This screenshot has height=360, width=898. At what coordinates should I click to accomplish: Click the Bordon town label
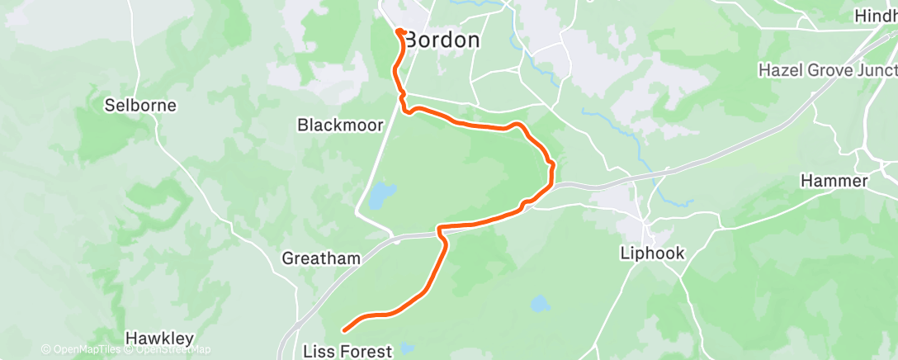pos(443,40)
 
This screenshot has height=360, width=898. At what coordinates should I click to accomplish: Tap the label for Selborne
pos(141,106)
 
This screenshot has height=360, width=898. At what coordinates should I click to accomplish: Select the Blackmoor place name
pos(340,126)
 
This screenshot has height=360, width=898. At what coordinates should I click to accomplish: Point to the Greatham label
pos(321,258)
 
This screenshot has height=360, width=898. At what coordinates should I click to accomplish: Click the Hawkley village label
pos(159,339)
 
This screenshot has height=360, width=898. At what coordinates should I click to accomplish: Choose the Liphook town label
pos(652,253)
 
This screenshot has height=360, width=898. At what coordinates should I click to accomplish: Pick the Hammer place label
pos(834,181)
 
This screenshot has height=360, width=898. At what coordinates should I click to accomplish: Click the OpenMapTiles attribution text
pos(85,349)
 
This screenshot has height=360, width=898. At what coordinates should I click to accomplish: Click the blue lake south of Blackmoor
pos(378,197)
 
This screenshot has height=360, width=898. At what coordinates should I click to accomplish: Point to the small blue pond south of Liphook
pos(540,304)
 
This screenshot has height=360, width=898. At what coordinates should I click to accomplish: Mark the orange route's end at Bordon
pos(399,31)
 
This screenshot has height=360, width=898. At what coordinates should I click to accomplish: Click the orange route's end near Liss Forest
pos(343,331)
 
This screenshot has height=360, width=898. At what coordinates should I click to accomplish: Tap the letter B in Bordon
pos(413,40)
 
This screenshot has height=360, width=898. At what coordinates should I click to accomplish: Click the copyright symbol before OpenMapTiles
pos(45,349)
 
